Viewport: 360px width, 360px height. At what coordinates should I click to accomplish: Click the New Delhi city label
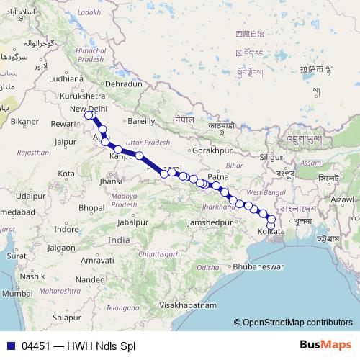[88, 109]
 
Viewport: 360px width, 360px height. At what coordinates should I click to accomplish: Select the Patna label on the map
[217, 176]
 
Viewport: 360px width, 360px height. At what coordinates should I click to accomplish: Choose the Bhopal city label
[91, 207]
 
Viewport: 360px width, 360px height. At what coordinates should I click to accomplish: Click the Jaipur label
[64, 143]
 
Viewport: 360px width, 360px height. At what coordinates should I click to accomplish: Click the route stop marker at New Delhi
[89, 115]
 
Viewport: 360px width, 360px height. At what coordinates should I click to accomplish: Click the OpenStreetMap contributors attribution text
[297, 323]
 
